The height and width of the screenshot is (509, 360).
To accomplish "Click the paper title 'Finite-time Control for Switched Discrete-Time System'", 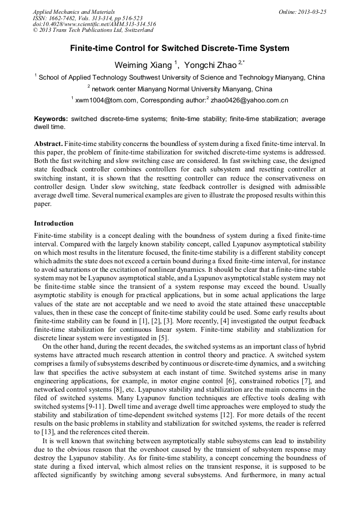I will click(x=180, y=48).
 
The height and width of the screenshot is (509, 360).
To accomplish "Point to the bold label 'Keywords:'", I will click(x=51, y=119).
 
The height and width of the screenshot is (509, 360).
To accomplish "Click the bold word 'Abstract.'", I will click(x=48, y=144).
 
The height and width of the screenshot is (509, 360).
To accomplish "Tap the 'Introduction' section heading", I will click(x=54, y=223).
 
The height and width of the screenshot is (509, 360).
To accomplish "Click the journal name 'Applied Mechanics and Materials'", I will click(x=74, y=11).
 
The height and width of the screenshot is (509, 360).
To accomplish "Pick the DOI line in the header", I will click(x=94, y=24).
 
